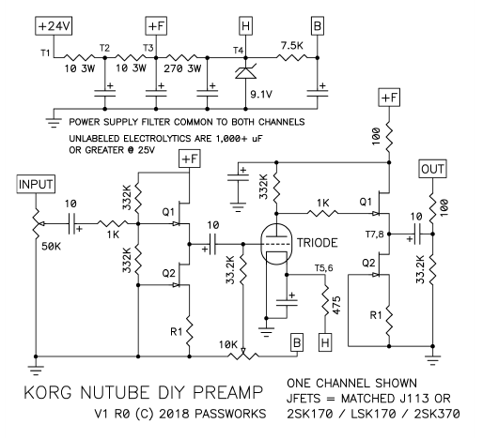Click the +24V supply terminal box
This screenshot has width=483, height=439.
point(54,26)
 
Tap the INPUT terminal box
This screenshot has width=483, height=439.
point(36,184)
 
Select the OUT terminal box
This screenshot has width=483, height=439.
point(432,169)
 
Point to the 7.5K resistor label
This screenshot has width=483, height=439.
point(291,46)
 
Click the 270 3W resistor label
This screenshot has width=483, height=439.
point(182,68)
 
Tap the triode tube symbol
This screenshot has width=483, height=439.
point(276,244)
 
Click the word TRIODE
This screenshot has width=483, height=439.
point(318,243)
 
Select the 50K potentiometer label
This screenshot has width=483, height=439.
point(51,247)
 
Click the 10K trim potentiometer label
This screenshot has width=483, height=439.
point(228,344)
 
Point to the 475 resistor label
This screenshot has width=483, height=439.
point(335,305)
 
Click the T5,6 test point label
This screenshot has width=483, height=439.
point(324,268)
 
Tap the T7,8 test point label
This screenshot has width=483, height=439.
point(375,235)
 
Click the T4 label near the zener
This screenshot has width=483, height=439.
point(239,51)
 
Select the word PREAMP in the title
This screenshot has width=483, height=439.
point(227,392)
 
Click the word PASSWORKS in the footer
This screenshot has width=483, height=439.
point(230,414)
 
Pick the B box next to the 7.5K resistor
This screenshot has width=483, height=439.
point(318,26)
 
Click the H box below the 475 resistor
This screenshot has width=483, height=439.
point(325,342)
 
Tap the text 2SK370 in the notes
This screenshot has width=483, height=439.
point(437,414)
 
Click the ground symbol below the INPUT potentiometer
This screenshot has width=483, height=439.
point(36,370)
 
